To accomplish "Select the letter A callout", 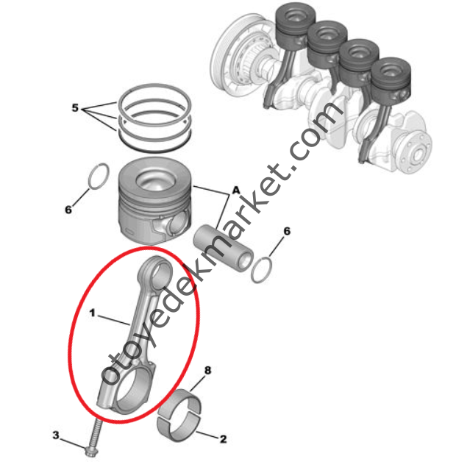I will coord(236,190).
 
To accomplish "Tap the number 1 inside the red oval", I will coord(93,313).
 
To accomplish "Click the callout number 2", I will coord(222,439).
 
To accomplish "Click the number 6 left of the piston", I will coord(68,209).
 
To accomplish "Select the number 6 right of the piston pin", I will coord(287,231).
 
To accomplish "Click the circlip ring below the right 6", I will coord(262,270).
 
